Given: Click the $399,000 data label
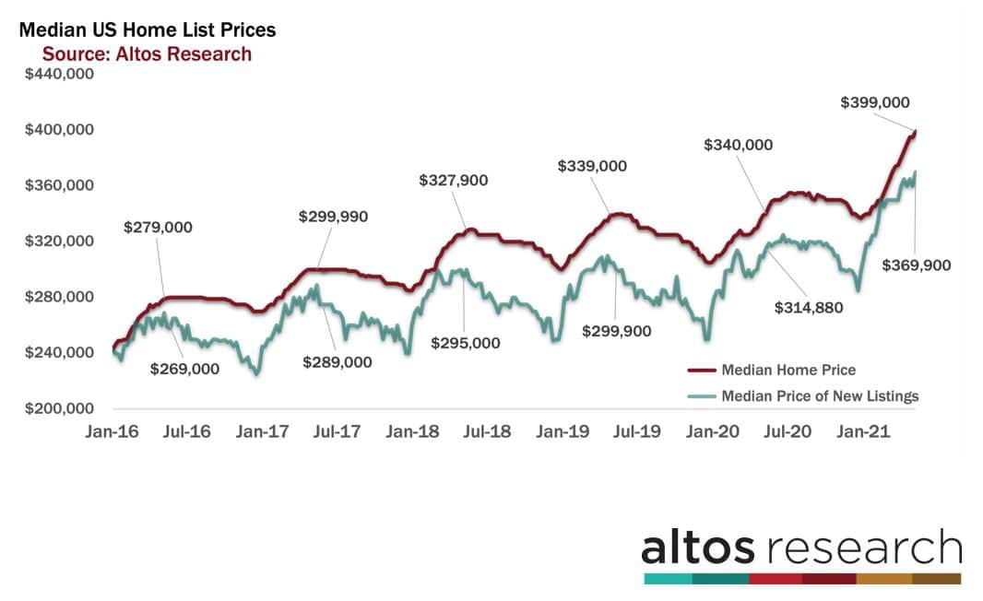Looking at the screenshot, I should pos(876,103).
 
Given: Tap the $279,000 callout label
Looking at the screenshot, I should pos(159,227).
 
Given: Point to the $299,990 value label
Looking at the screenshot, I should pos(333,217).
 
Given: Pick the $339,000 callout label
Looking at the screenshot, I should pos(592,166).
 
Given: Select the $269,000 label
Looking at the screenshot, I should pos(184,369).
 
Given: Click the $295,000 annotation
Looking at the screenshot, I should pos(466,343).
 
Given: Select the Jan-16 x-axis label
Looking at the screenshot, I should pos(113,430).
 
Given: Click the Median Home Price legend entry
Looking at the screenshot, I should pos(788,370).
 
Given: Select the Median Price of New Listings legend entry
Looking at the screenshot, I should pos(820,396).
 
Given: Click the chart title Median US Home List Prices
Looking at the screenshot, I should pos(148,30).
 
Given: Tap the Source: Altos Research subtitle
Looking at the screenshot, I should pos(147,53).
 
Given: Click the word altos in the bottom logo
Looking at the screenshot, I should pos(698,548).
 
